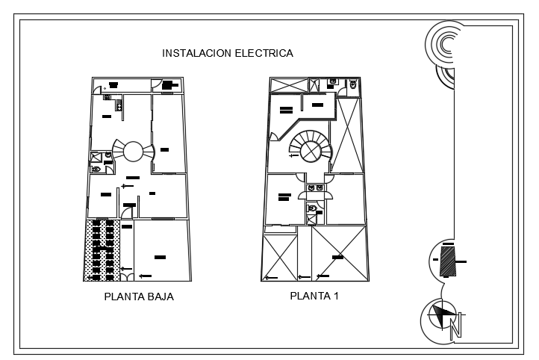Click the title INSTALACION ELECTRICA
tap(227, 53)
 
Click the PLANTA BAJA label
tap(140, 297)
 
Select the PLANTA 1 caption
tap(314, 296)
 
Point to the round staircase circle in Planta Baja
tap(134, 152)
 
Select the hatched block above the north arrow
tap(448, 262)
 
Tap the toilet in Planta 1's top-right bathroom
tap(352, 87)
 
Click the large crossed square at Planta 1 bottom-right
tap(340, 254)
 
